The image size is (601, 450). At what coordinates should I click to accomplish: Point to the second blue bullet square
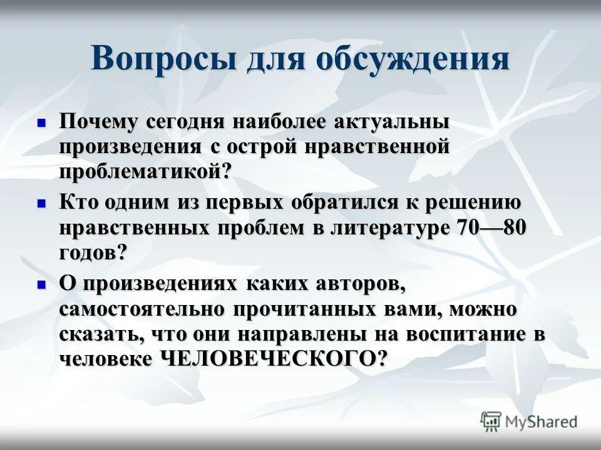[x=42, y=203]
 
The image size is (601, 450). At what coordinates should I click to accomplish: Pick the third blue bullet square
[x=42, y=284]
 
